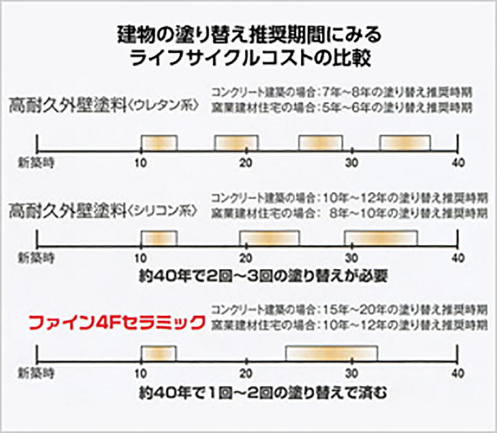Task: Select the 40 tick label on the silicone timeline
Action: pyautogui.click(x=458, y=257)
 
